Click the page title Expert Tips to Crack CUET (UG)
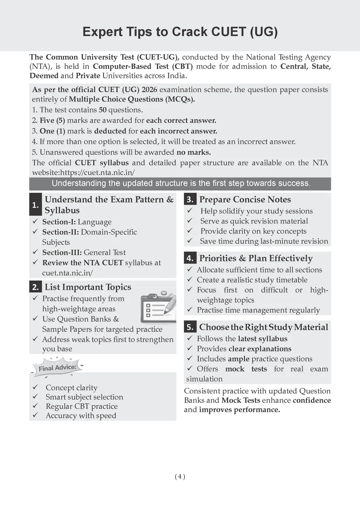coord(180,32)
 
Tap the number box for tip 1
coord(36,205)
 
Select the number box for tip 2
coord(36,287)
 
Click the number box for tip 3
coord(190,199)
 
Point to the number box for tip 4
coord(190,258)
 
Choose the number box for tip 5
coord(190,327)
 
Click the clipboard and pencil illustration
coord(158,307)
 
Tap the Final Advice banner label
coord(57,368)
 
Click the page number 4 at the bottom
coord(180,476)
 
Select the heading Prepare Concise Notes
coord(245,200)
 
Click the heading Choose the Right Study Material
coord(264,327)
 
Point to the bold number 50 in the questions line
coord(103,110)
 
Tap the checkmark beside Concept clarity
coord(35,387)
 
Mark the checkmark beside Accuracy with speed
coord(35,415)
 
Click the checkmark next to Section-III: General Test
coord(35,252)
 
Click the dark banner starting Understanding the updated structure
coord(180,183)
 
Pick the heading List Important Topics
coord(88,287)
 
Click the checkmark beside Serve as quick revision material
coord(190,221)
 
